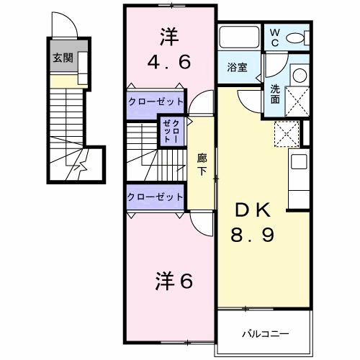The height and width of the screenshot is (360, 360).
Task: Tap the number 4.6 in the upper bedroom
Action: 170,62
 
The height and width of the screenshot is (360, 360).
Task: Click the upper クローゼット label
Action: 156,102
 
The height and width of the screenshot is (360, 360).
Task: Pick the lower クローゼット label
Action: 156,197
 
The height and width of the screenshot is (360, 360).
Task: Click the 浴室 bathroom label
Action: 238,68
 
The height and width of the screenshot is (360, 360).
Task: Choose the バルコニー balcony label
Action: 265,334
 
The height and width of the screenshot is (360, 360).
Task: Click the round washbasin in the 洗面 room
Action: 299,75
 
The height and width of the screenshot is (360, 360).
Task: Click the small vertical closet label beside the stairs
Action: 172,132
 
